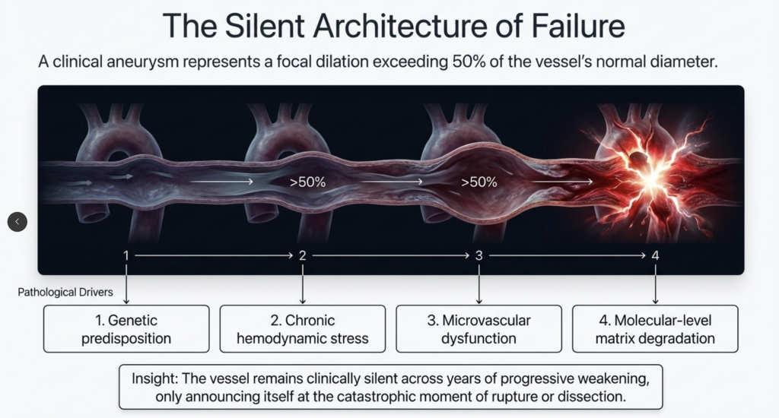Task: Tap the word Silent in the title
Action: pos(256,27)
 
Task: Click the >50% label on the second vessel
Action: pos(307,182)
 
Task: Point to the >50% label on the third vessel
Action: pos(479,182)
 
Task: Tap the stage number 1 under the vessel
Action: pos(126,255)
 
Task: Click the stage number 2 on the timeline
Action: pos(303,255)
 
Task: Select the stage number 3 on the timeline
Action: pos(479,255)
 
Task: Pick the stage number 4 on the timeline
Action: pos(655,255)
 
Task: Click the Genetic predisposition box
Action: pos(126,329)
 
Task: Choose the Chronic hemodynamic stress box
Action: pos(303,329)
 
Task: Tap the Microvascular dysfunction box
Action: pos(479,329)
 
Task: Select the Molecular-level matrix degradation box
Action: pos(655,329)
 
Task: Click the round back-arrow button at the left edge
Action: pos(17,221)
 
